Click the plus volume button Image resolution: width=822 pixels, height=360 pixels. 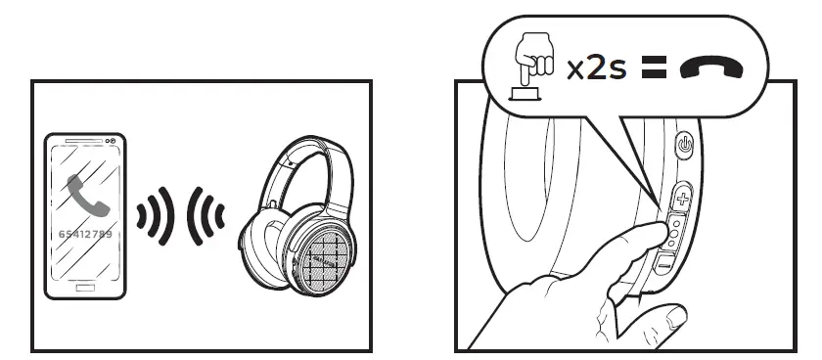coord(681,200)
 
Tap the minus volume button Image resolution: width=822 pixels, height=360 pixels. coord(665,262)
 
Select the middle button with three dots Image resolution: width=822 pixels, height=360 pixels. coord(674,231)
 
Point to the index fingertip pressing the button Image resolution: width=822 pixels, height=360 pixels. coord(654,229)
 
